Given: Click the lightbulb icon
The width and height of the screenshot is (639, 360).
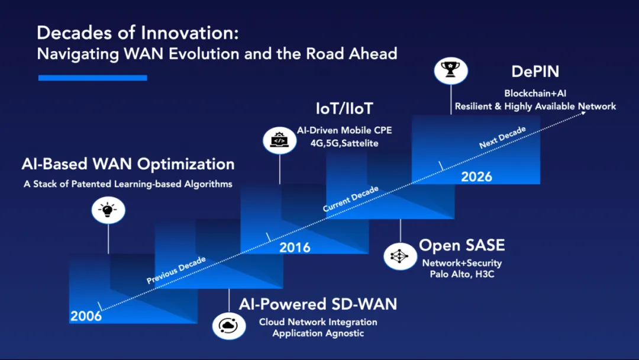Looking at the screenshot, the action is click(x=108, y=210).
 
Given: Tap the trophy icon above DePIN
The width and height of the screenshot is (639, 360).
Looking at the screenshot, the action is click(x=451, y=70).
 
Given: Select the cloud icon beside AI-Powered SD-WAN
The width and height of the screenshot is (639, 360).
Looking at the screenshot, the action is click(x=228, y=326).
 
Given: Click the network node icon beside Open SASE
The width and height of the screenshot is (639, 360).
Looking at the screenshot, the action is click(x=400, y=256).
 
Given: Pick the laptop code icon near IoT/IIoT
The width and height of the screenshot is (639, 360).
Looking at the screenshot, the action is click(x=279, y=140).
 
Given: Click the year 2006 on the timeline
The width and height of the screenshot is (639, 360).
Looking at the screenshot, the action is click(x=86, y=316).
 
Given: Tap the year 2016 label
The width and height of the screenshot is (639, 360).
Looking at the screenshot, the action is click(x=295, y=247).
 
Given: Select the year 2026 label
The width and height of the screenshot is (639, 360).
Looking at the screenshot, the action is click(x=476, y=177).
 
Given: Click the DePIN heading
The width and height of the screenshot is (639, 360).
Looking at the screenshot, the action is click(x=535, y=71).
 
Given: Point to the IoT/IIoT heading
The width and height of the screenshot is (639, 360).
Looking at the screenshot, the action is click(x=344, y=108).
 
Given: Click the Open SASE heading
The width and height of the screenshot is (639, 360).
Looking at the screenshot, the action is click(x=461, y=245).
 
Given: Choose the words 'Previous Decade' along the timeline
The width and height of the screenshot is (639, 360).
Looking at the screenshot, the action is click(x=176, y=270).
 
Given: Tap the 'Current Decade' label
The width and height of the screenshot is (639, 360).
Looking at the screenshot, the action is click(x=350, y=198).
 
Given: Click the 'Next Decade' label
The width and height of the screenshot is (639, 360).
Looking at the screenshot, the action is click(x=502, y=137).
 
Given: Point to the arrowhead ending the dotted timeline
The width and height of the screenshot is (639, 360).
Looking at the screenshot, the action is click(x=584, y=113).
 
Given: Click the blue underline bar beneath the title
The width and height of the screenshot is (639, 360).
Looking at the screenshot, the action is click(x=92, y=78).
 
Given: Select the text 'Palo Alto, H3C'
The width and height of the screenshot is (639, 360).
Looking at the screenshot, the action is click(x=461, y=274).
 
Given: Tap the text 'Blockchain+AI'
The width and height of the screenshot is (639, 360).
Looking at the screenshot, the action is click(x=535, y=94).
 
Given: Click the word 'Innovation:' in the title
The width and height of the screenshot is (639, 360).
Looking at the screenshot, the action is click(x=189, y=33).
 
